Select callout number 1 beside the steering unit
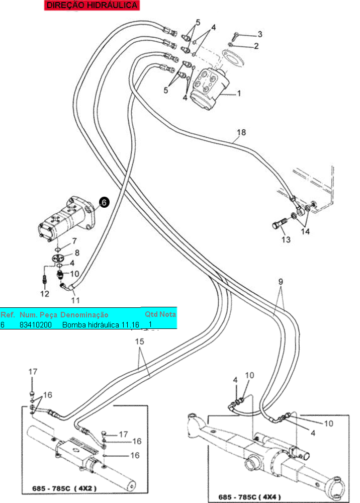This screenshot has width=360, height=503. click(239, 93)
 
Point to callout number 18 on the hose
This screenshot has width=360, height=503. click(241, 133)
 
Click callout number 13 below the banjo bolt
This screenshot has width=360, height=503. click(286, 239)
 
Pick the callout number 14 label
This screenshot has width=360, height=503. click(305, 231)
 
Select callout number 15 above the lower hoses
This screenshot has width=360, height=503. click(139, 341)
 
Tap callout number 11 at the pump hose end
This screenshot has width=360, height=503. click(75, 300)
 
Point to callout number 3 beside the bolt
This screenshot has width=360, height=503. click(259, 34)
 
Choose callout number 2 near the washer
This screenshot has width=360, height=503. click(256, 46)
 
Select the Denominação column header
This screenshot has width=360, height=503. click(84, 314)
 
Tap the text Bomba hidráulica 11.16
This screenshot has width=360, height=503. click(101, 325)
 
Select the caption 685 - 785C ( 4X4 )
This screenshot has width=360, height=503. click(251, 496)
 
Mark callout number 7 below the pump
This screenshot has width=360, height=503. click(74, 241)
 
